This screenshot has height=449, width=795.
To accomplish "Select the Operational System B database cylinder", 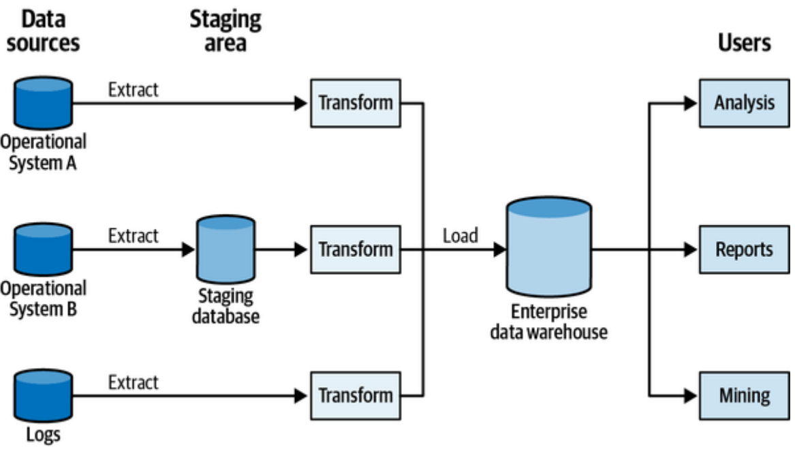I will tap(44, 249).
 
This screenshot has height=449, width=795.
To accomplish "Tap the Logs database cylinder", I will tap(44, 395).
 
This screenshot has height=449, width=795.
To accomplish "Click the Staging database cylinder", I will tap(225, 249).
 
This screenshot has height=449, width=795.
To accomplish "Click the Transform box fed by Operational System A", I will tap(356, 103).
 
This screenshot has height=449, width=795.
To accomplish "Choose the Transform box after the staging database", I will tap(356, 249).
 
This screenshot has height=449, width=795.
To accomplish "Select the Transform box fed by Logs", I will tap(356, 395).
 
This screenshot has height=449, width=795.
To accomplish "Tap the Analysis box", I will tap(744, 103).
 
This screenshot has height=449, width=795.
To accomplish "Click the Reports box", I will tap(744, 249).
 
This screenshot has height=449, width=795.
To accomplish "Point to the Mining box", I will tap(744, 395).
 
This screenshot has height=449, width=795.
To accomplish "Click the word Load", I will tap(461, 236).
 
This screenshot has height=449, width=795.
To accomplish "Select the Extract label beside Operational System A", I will tap(134, 89).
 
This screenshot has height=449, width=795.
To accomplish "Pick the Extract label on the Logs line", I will tap(134, 382).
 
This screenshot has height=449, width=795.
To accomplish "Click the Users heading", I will tap(744, 42).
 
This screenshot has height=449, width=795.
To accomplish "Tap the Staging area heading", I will tap(225, 31).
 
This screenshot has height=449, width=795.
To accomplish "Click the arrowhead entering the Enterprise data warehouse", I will tap(499, 249).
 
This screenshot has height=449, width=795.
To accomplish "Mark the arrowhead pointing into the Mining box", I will tap(691, 395).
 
